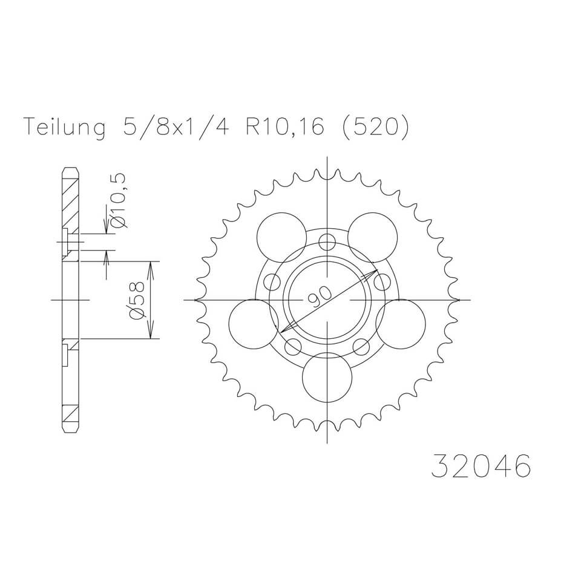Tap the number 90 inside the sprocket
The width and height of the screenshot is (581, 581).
(x=320, y=296)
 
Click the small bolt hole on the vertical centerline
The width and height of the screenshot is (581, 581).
(x=327, y=243)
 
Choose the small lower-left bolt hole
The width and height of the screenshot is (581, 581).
(x=293, y=347)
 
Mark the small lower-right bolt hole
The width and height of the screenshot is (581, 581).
(x=361, y=347)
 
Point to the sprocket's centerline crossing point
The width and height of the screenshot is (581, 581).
(x=327, y=300)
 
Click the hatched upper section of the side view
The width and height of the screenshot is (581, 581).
(x=70, y=200)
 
